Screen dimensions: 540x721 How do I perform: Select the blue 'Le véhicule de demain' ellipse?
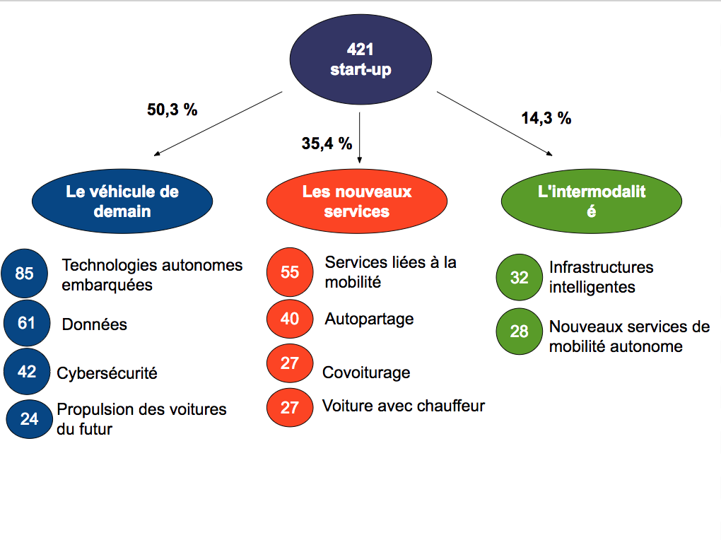pos(122,201)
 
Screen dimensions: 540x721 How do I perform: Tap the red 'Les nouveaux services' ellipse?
pos(357,201)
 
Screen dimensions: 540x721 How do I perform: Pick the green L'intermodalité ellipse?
pos(592,201)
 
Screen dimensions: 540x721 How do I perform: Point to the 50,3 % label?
pos(172,110)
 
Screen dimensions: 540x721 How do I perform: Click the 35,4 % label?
pos(327,143)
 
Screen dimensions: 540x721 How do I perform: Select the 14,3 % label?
pos(546,118)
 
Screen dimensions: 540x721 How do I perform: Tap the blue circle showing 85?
pos(25,273)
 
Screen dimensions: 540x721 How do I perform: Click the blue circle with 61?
pos(27,323)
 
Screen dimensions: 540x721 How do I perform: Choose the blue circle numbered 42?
pos(27,371)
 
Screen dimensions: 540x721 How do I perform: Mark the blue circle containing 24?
pos(29,418)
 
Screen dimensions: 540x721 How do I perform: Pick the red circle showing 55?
pos(290,272)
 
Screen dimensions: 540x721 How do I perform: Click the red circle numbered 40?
pos(290,319)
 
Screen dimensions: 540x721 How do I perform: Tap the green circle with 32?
pos(520,278)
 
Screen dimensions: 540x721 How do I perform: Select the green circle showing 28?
pos(520,331)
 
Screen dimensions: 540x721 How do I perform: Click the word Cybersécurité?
pos(107,372)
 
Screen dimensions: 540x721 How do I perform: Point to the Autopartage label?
pos(369,319)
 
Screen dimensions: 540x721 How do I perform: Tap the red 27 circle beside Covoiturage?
pos(290,363)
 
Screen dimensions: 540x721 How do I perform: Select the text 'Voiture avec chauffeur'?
pos(404,406)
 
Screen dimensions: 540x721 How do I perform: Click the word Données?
pos(95,324)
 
